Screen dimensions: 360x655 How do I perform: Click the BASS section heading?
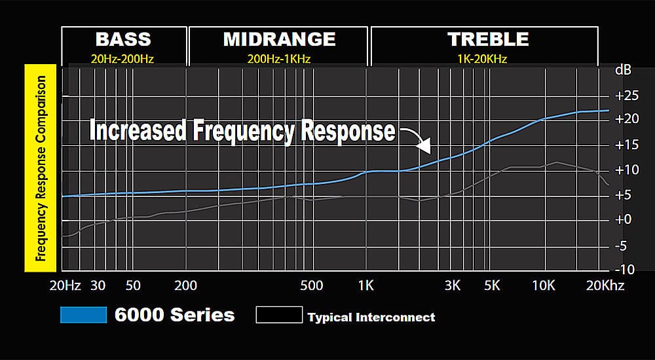pos(123,39)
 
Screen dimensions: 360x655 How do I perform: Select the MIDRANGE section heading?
pos(279,39)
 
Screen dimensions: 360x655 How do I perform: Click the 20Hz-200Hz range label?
pos(123,59)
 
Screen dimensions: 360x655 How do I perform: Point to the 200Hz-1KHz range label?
pos(279,59)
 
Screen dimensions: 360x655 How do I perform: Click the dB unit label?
pos(623,69)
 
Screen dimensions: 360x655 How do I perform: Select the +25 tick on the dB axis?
pos(627,96)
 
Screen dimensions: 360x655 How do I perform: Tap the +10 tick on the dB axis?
pos(627,170)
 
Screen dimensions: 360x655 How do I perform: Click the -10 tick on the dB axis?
pos(627,270)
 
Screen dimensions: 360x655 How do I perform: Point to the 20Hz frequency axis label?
pos(64,285)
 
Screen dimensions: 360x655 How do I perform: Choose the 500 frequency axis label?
pos(311,285)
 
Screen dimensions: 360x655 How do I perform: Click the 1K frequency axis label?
pos(365,285)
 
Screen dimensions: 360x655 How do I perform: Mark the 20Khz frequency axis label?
pos(606,285)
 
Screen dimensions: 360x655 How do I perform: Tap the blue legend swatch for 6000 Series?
pos(83,315)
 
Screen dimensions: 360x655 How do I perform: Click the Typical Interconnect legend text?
pos(371,317)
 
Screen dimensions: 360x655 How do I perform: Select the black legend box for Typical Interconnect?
pos(279,315)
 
